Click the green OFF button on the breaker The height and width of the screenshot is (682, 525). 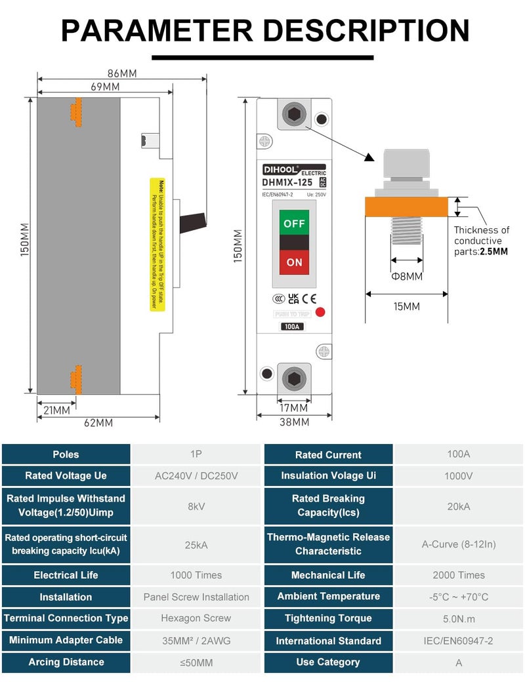(294, 224)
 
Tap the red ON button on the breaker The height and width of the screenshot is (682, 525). (294, 262)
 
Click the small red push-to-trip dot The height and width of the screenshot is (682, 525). (320, 311)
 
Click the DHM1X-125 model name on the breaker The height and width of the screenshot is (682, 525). (288, 183)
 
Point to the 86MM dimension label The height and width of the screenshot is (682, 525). (121, 73)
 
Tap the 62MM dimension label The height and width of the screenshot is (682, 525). (98, 423)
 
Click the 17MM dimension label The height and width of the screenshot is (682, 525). (293, 408)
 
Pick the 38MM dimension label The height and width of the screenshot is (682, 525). (294, 422)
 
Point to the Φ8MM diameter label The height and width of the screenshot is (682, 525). (407, 277)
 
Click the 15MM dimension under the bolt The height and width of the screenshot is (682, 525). (406, 306)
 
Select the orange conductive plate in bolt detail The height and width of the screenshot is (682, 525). (407, 207)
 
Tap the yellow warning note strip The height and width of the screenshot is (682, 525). (154, 244)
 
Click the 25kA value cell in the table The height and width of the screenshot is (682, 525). (196, 545)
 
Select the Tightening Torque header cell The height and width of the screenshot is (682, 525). (328, 618)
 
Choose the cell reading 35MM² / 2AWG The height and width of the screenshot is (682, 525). (196, 641)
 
